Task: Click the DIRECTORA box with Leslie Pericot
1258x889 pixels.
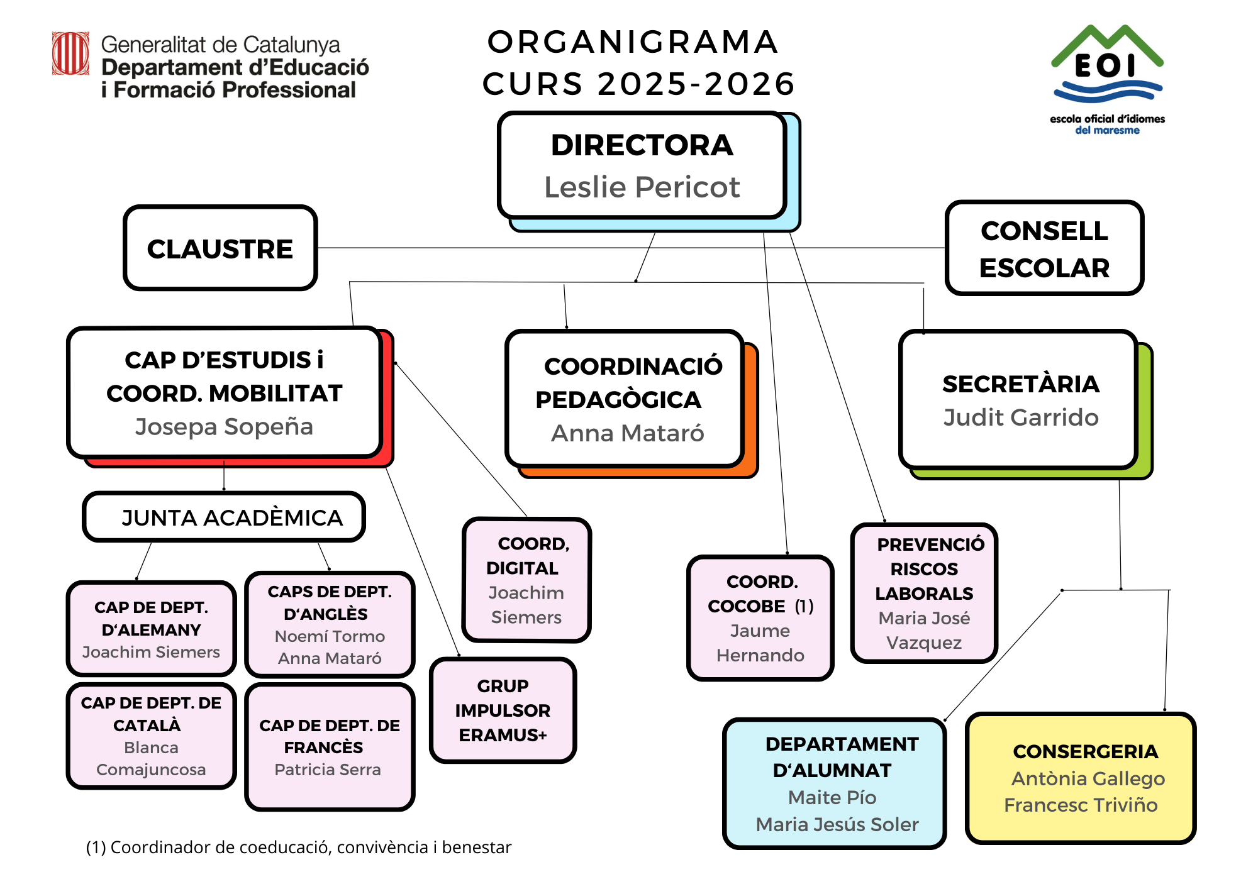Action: (642, 165)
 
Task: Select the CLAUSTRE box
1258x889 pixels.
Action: (220, 248)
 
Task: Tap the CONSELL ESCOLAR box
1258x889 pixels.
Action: (1044, 248)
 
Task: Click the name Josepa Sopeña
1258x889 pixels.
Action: (224, 426)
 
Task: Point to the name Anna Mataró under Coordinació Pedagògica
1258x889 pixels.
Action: (627, 433)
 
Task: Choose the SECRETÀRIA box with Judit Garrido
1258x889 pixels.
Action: (1019, 400)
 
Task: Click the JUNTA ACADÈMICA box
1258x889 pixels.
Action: (224, 517)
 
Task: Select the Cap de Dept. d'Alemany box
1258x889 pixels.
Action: (151, 629)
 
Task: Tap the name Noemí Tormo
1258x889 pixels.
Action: (330, 636)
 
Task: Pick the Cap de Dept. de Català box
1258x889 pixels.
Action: (151, 736)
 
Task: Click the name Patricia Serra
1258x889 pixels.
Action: (328, 770)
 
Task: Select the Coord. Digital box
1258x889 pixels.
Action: (526, 580)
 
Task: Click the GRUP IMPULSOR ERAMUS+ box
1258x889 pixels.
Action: (503, 710)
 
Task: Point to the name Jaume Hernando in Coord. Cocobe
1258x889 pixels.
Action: (760, 643)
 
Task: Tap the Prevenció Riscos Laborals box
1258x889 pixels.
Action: (924, 593)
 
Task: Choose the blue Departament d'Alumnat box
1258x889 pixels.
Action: (835, 783)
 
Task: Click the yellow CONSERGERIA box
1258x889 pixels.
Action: (1081, 778)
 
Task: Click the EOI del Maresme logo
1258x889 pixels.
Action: (1107, 79)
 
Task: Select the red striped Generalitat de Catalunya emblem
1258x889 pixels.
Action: (70, 53)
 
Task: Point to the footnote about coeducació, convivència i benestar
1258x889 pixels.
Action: (299, 848)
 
